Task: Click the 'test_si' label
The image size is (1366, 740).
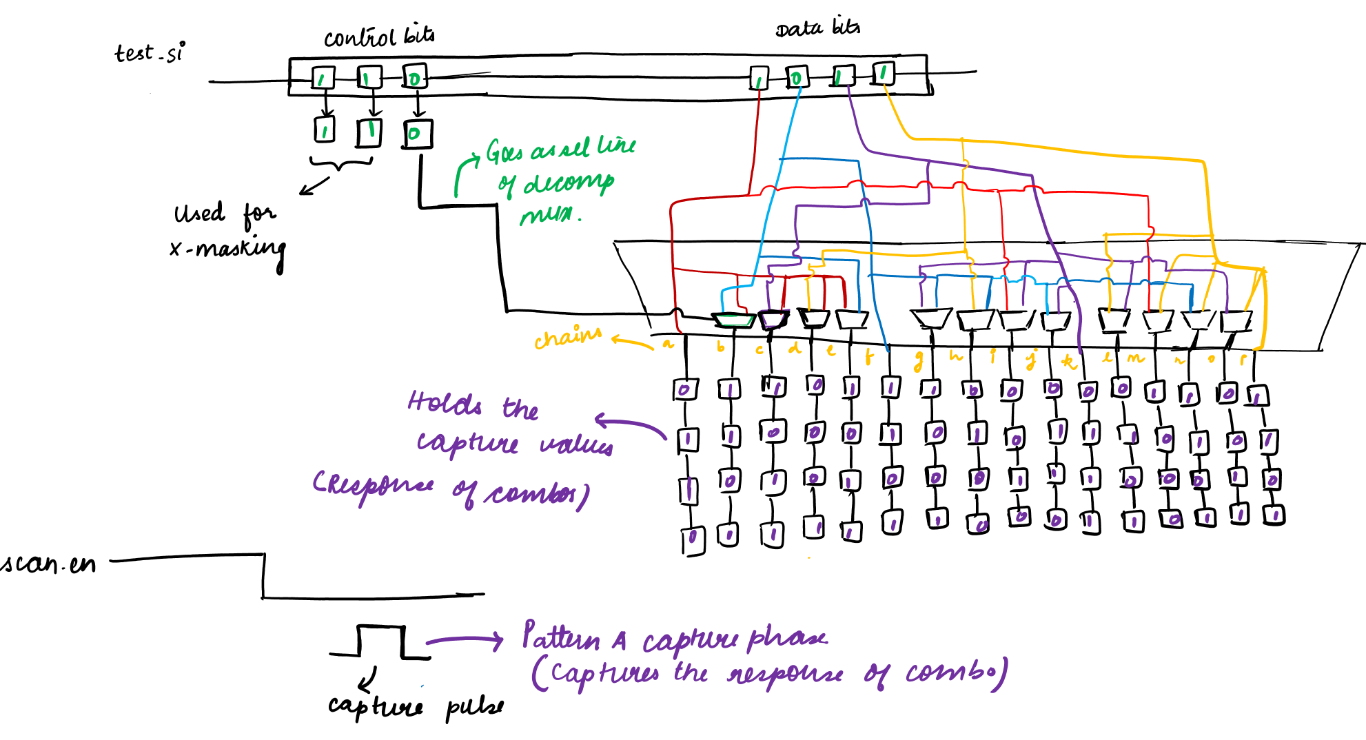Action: pyautogui.click(x=149, y=52)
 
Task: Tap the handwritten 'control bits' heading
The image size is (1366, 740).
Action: pyautogui.click(x=379, y=36)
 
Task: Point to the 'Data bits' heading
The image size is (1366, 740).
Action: pyautogui.click(x=817, y=28)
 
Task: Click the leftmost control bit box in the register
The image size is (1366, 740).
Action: pyautogui.click(x=323, y=78)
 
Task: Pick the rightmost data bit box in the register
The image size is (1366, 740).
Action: pyautogui.click(x=883, y=73)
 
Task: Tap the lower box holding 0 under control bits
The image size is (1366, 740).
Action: pyautogui.click(x=417, y=134)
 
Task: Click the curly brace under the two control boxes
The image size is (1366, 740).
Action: pyautogui.click(x=340, y=164)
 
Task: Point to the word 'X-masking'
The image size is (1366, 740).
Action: pyautogui.click(x=227, y=248)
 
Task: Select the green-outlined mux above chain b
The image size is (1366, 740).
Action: pyautogui.click(x=734, y=320)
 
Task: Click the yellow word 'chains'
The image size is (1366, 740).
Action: pyautogui.click(x=567, y=337)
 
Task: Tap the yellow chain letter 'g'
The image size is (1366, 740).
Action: pyautogui.click(x=918, y=360)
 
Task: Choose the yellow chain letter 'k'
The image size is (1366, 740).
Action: pyautogui.click(x=1068, y=361)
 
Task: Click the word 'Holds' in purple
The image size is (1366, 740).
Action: pyautogui.click(x=445, y=402)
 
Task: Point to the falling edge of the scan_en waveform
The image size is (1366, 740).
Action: pyautogui.click(x=263, y=575)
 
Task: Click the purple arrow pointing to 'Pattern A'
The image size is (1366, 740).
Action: pyautogui.click(x=465, y=641)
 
